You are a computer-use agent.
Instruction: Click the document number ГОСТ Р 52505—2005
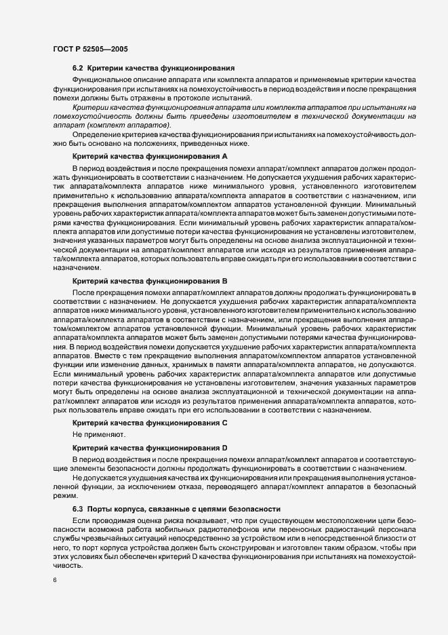point(89,49)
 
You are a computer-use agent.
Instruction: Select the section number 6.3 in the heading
point(79,509)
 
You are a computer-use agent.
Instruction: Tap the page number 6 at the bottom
point(54,580)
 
